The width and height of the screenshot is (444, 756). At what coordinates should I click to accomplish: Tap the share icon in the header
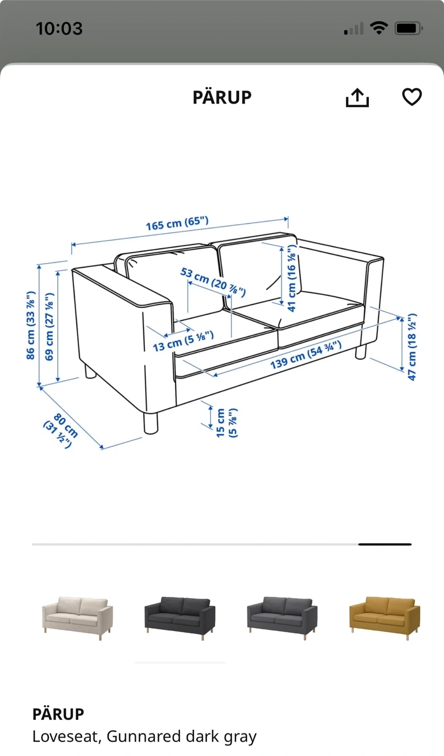point(357,98)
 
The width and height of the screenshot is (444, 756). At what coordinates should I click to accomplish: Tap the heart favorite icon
point(412,97)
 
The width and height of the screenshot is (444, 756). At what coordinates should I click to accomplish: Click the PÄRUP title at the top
point(222,98)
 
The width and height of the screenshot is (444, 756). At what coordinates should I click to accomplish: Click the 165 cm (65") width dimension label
point(177,224)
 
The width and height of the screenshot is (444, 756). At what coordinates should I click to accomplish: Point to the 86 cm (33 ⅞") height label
point(30,325)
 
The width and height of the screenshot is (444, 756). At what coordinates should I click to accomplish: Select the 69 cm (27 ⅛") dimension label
point(49,327)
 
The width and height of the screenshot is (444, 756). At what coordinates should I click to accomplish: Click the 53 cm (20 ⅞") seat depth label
point(213,282)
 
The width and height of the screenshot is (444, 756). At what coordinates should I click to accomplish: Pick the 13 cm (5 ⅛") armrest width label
point(183,341)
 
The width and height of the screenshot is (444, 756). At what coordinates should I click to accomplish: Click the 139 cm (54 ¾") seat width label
point(305,354)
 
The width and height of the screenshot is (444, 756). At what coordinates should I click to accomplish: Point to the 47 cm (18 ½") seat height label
point(412,347)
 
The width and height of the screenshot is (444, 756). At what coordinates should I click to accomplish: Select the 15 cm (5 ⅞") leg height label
point(227,423)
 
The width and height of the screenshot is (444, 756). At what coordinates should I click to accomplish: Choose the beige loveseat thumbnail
point(77,618)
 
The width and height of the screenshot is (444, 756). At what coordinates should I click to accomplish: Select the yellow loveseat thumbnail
point(385,618)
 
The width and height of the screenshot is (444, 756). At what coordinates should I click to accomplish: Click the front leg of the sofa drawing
point(151,423)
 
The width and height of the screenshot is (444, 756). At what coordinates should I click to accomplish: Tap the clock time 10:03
point(59,28)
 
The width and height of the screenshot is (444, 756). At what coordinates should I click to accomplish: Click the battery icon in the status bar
point(409,28)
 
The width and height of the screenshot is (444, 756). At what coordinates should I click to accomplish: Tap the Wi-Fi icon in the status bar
point(379,28)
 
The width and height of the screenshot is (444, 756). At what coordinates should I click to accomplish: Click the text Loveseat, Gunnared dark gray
point(144,737)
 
